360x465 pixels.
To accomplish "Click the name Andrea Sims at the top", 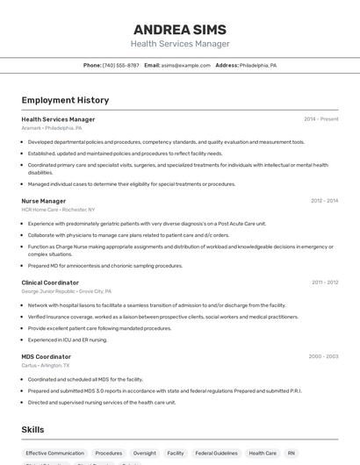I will pyautogui.click(x=180, y=29).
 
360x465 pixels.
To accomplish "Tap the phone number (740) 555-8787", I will pyautogui.click(x=120, y=65).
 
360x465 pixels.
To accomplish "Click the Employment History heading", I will pyautogui.click(x=65, y=100).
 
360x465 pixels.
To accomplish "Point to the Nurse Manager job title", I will pyautogui.click(x=44, y=201).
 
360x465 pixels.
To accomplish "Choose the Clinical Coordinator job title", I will pyautogui.click(x=50, y=283).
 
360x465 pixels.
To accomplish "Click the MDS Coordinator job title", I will pyautogui.click(x=47, y=356).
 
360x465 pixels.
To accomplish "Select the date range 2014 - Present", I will pyautogui.click(x=320, y=119).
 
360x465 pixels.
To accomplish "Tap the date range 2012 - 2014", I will pyautogui.click(x=324, y=201).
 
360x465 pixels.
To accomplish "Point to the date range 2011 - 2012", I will pyautogui.click(x=324, y=283).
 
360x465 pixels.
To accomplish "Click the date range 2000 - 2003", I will pyautogui.click(x=323, y=356).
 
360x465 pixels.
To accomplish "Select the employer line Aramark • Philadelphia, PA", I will pyautogui.click(x=52, y=128).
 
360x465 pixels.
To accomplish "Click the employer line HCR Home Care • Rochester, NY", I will pyautogui.click(x=58, y=210).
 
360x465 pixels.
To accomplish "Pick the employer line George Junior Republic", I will pyautogui.click(x=67, y=290).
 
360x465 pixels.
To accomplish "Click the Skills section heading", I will pyautogui.click(x=33, y=430).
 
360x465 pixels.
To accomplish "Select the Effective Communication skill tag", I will pyautogui.click(x=54, y=454).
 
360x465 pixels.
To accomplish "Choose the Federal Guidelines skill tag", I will pyautogui.click(x=215, y=454).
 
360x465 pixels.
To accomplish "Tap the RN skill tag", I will pyautogui.click(x=292, y=454).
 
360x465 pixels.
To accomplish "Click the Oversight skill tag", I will pyautogui.click(x=144, y=454).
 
